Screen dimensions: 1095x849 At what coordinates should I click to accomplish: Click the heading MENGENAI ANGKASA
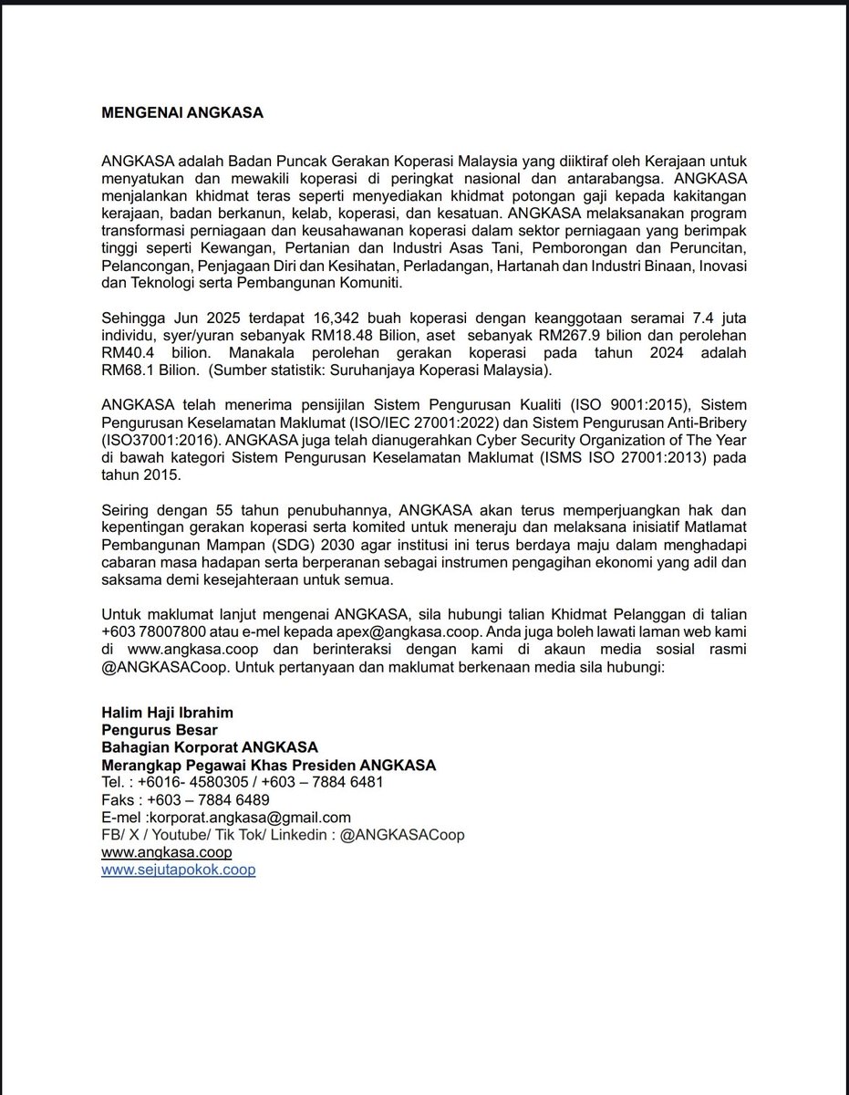pos(181,113)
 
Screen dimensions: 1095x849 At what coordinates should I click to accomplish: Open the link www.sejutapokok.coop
pos(179,870)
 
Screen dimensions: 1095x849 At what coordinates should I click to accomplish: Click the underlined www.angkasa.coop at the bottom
pos(167,852)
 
